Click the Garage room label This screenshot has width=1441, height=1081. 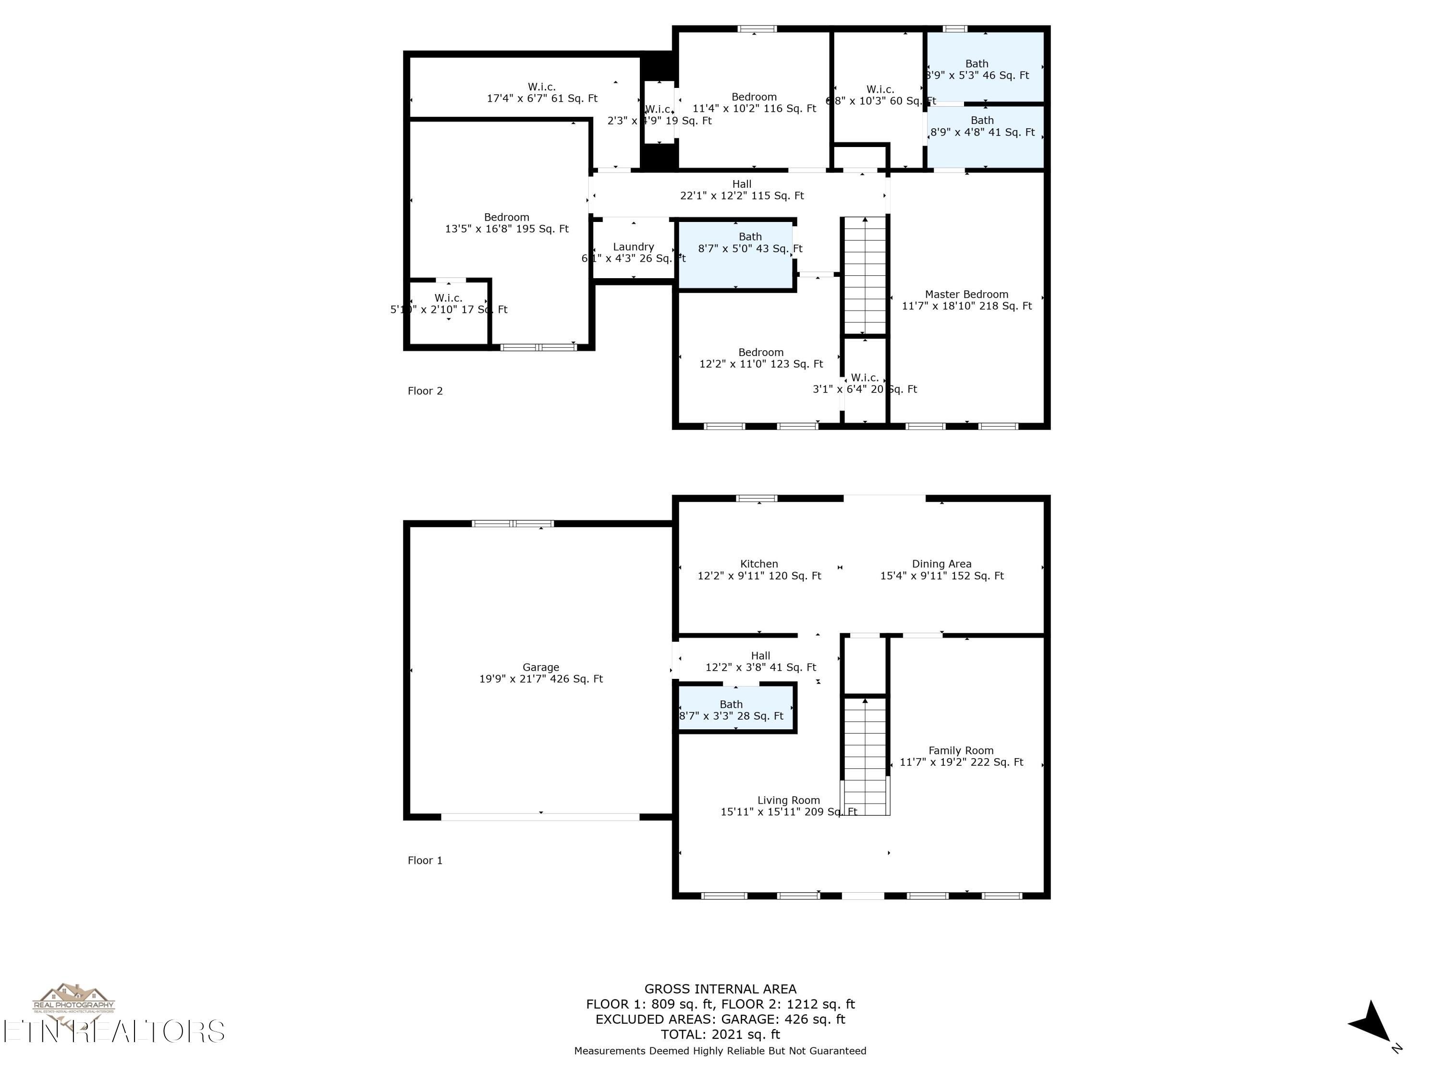click(541, 673)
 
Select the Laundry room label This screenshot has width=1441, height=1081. click(633, 252)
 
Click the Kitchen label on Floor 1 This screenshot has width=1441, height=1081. click(759, 569)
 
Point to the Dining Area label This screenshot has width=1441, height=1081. click(941, 569)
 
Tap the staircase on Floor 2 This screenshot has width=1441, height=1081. click(865, 277)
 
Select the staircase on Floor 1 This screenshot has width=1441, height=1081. click(865, 756)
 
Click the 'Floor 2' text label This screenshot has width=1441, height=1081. click(425, 391)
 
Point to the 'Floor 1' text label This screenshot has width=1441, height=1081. click(425, 860)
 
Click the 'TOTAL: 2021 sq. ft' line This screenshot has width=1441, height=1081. click(720, 1034)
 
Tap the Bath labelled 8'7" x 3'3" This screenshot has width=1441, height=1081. click(731, 710)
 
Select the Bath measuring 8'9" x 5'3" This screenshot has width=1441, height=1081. click(977, 69)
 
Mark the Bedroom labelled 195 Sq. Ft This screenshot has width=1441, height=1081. click(506, 223)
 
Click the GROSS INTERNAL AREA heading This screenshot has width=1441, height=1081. click(720, 988)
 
